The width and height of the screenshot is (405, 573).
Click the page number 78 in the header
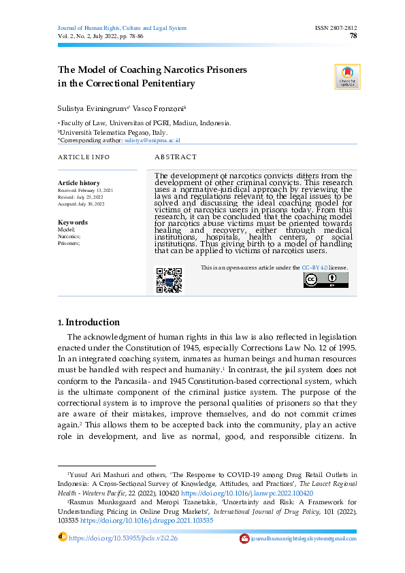pyautogui.click(x=353, y=35)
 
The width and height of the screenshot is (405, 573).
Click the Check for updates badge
pyautogui.click(x=347, y=77)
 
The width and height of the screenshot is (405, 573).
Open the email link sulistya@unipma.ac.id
pyautogui.click(x=152, y=140)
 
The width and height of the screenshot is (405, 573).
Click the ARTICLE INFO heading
pyautogui.click(x=84, y=157)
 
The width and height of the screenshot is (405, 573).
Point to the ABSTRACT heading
pyautogui.click(x=176, y=157)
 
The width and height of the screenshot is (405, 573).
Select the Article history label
pyautogui.click(x=78, y=183)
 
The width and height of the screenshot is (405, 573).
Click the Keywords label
pyautogui.click(x=73, y=223)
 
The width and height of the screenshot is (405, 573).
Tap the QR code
pyautogui.click(x=169, y=280)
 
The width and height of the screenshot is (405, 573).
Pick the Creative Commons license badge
pyautogui.click(x=325, y=280)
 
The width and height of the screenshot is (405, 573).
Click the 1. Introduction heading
pyautogui.click(x=88, y=322)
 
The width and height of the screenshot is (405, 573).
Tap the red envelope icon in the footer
pyautogui.click(x=244, y=538)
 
